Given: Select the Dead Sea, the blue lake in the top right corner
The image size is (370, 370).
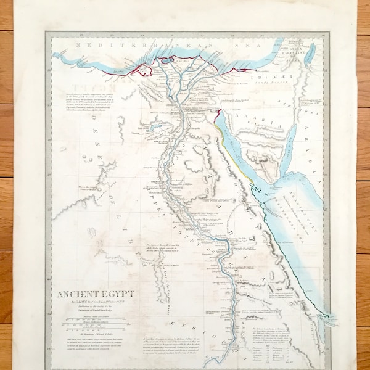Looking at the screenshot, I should point(310,54).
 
